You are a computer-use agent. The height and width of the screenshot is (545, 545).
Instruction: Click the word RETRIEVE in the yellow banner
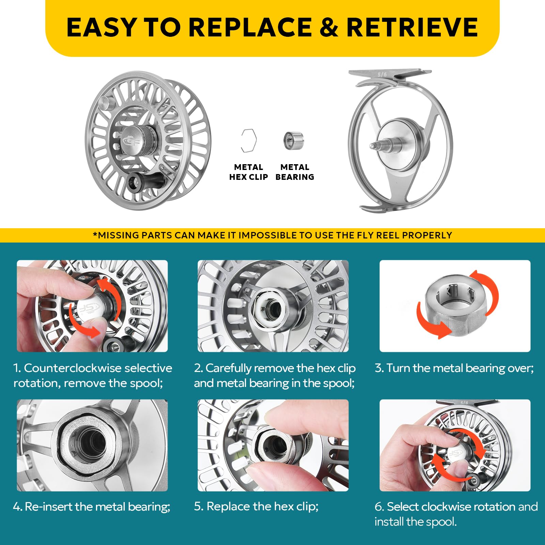pyautogui.click(x=412, y=27)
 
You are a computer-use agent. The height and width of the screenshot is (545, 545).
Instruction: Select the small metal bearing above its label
pyautogui.click(x=293, y=140)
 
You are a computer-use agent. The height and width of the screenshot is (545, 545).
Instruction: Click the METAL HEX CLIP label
pyautogui.click(x=248, y=172)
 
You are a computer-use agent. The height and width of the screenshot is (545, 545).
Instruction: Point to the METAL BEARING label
pyautogui.click(x=295, y=172)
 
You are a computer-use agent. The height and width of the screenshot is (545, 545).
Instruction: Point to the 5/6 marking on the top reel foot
pyautogui.click(x=382, y=75)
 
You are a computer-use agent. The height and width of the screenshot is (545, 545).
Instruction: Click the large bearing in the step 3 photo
pyautogui.click(x=455, y=304)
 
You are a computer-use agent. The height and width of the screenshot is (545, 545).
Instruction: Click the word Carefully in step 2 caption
pyautogui.click(x=229, y=369)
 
